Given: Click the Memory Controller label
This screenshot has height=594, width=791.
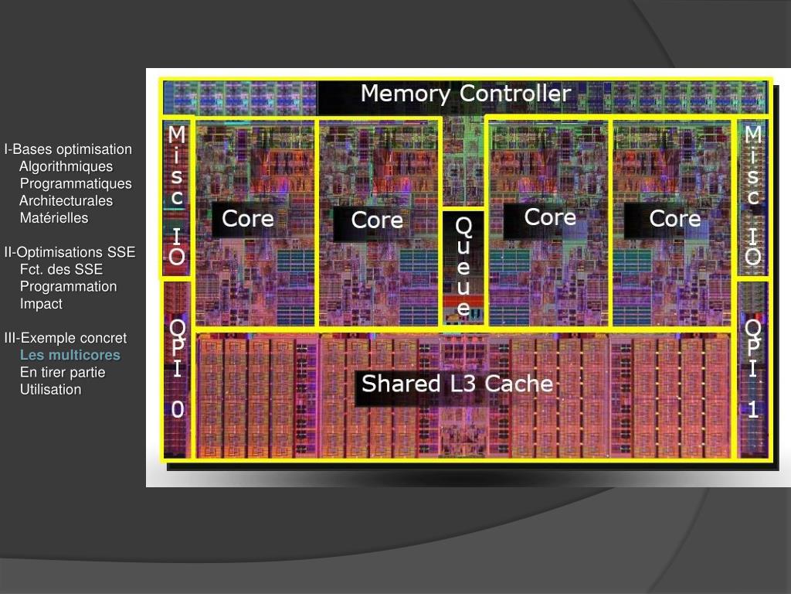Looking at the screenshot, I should [466, 94].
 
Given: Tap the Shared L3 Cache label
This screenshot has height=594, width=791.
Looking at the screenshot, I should [457, 384].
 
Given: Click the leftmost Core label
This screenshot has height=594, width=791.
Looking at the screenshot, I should [247, 219].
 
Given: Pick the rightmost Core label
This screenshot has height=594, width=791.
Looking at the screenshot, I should [675, 219].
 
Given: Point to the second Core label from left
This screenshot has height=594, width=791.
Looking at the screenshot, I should [377, 220].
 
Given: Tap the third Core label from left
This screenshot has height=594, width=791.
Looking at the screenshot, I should [550, 217].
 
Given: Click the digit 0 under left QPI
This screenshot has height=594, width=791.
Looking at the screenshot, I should [178, 411].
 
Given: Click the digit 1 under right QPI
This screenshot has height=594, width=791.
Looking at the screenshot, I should [753, 411].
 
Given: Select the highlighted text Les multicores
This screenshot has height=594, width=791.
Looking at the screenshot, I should [70, 355].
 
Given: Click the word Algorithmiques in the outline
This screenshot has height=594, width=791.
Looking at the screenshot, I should [66, 166].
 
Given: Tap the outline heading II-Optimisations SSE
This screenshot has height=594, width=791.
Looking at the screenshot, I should [70, 252].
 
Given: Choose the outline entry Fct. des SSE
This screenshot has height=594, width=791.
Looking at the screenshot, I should [61, 269].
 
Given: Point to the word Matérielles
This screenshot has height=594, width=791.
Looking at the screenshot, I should [54, 218].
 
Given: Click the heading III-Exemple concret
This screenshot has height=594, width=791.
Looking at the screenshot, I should [66, 338].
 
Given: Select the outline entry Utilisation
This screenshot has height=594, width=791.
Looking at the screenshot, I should [50, 389].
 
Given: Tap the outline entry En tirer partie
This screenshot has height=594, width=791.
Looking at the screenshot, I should [63, 372].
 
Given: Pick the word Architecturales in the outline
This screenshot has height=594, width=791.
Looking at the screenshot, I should [66, 201].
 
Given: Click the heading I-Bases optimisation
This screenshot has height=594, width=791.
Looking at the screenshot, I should [68, 149].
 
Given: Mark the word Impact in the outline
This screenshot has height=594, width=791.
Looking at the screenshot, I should [41, 304].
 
